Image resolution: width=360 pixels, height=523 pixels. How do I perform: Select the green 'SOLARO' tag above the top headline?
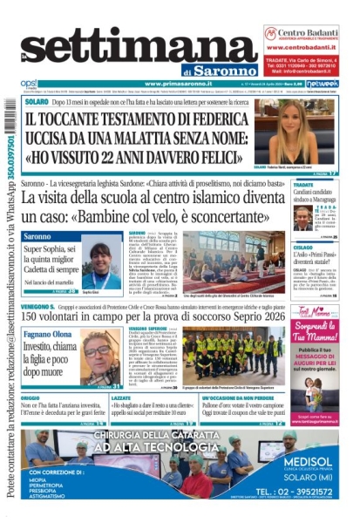pos(37,102)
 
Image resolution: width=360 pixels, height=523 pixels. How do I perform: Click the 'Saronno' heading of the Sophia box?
pos(39,236)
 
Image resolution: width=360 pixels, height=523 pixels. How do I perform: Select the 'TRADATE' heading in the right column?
pos(304,186)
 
